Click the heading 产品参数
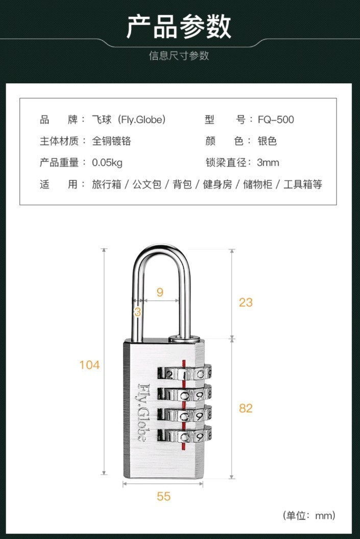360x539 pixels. coord(179,27)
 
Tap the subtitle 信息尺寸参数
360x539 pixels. coord(179,56)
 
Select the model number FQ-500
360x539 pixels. coord(276,120)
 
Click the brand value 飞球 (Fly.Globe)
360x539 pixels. coord(129,120)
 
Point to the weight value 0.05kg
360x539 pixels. coord(107,163)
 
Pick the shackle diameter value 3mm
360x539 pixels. coord(268,163)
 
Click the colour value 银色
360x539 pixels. coord(267,142)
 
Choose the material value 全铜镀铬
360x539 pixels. coord(112,142)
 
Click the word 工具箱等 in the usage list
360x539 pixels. coord(303,184)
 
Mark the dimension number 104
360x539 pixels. coord(89,365)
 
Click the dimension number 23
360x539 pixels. coord(246,302)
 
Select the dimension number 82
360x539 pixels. coord(246,408)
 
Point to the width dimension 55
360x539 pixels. coord(163,496)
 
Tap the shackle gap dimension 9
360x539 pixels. coord(160,292)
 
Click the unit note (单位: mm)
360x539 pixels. coord(309,515)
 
